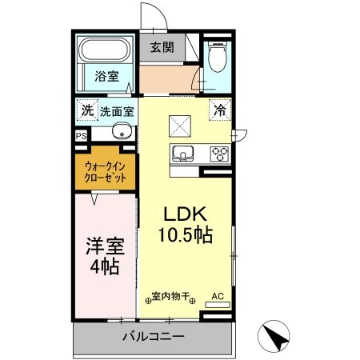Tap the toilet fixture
(x=214, y=56)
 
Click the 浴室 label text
(x=106, y=78)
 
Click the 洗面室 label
(x=117, y=110)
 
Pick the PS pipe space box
(x=81, y=136)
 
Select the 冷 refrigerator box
(x=218, y=110)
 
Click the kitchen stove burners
(x=218, y=152)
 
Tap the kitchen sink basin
(x=180, y=152)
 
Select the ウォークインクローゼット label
(x=106, y=171)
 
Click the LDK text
(x=186, y=214)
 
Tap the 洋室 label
(x=104, y=245)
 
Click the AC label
(x=217, y=296)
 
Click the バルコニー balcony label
(x=154, y=337)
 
